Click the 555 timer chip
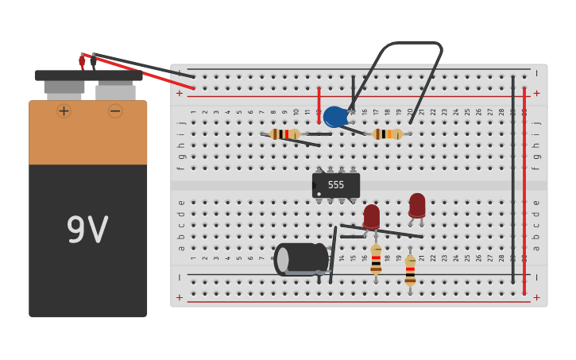(336, 185)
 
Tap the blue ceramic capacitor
(334, 117)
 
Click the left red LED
(371, 215)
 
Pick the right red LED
(416, 204)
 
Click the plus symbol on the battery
(64, 111)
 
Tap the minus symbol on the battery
(115, 111)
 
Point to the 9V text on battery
(87, 230)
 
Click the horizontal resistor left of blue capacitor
(284, 134)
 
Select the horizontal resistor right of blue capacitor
(387, 134)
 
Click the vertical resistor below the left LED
(376, 260)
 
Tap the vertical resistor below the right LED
(410, 270)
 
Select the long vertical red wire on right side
(524, 191)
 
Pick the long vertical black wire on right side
(513, 179)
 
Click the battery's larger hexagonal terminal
(115, 91)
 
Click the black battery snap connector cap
(88, 75)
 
